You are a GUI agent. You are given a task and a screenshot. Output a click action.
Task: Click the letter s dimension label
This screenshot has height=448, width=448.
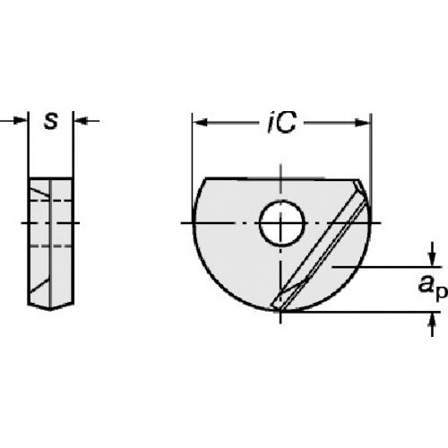click(51, 121)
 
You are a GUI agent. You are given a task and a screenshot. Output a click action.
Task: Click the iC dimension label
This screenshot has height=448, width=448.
click(281, 122)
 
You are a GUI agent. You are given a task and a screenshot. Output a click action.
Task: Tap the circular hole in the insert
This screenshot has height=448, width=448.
click(282, 224)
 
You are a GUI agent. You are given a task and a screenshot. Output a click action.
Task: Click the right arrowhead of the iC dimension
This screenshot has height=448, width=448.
click(363, 123)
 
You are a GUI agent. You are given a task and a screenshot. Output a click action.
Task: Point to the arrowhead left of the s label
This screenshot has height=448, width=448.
click(21, 121)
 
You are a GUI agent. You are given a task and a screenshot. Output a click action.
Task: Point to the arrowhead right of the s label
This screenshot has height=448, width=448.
click(81, 121)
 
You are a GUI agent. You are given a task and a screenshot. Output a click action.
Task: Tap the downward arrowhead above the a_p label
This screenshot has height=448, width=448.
click(432, 259)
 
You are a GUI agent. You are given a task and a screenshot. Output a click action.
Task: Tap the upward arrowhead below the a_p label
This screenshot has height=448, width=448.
click(433, 320)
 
